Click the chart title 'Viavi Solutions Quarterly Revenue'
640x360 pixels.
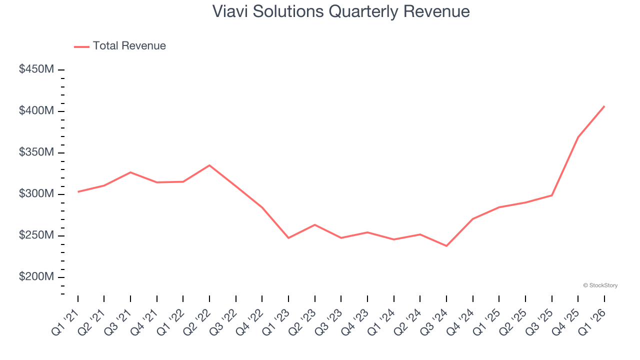(x=341, y=11)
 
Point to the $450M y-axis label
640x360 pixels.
(x=36, y=69)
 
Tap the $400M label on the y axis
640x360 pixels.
(x=36, y=111)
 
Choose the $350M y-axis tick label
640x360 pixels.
(x=36, y=152)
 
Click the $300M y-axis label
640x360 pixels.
(x=36, y=194)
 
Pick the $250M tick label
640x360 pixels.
(x=36, y=235)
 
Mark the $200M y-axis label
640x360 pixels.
(x=36, y=277)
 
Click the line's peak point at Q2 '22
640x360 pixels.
(x=209, y=165)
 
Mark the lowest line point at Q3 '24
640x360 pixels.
(x=446, y=246)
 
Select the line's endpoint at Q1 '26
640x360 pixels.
(x=604, y=106)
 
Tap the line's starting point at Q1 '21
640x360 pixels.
(x=78, y=191)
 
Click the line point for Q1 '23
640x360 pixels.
(x=288, y=238)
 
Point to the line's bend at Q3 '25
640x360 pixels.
(x=552, y=195)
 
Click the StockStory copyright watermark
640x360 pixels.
(x=600, y=285)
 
